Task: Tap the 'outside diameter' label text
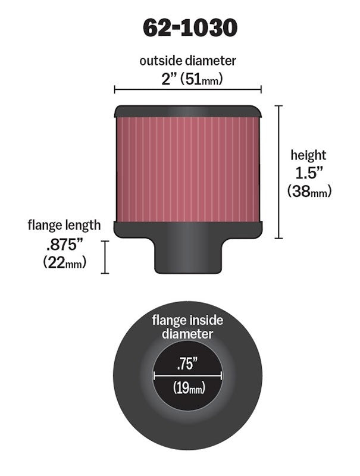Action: (187, 61)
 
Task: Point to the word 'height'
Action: (308, 156)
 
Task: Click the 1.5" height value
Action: (308, 173)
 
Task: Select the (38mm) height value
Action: (309, 191)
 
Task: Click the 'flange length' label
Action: (64, 226)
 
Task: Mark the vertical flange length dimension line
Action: (105, 257)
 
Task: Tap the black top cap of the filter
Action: (187, 111)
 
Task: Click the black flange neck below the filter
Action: (187, 256)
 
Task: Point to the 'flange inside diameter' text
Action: (187, 327)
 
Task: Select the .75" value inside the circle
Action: (188, 362)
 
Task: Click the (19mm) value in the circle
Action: (188, 389)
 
